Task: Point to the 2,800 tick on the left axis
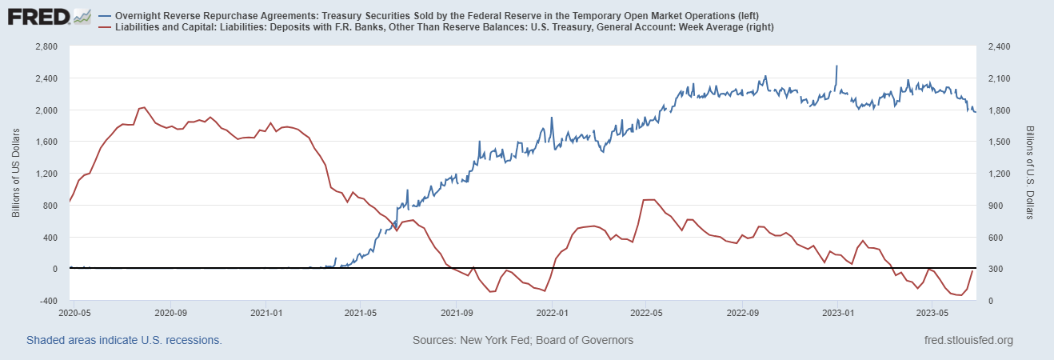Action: tap(47, 47)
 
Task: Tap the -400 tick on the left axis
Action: tap(49, 301)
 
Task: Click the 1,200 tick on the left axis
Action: tap(47, 174)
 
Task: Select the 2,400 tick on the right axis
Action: tap(1000, 47)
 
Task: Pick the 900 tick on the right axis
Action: tap(996, 206)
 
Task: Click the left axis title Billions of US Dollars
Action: tap(16, 174)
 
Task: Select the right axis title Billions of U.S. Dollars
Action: tap(1030, 174)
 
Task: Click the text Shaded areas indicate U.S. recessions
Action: tap(124, 340)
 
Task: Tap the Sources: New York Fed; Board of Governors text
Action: tap(523, 340)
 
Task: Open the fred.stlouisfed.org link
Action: tap(968, 340)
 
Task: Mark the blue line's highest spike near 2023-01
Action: tap(836, 66)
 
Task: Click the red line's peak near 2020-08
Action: tap(142, 107)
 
